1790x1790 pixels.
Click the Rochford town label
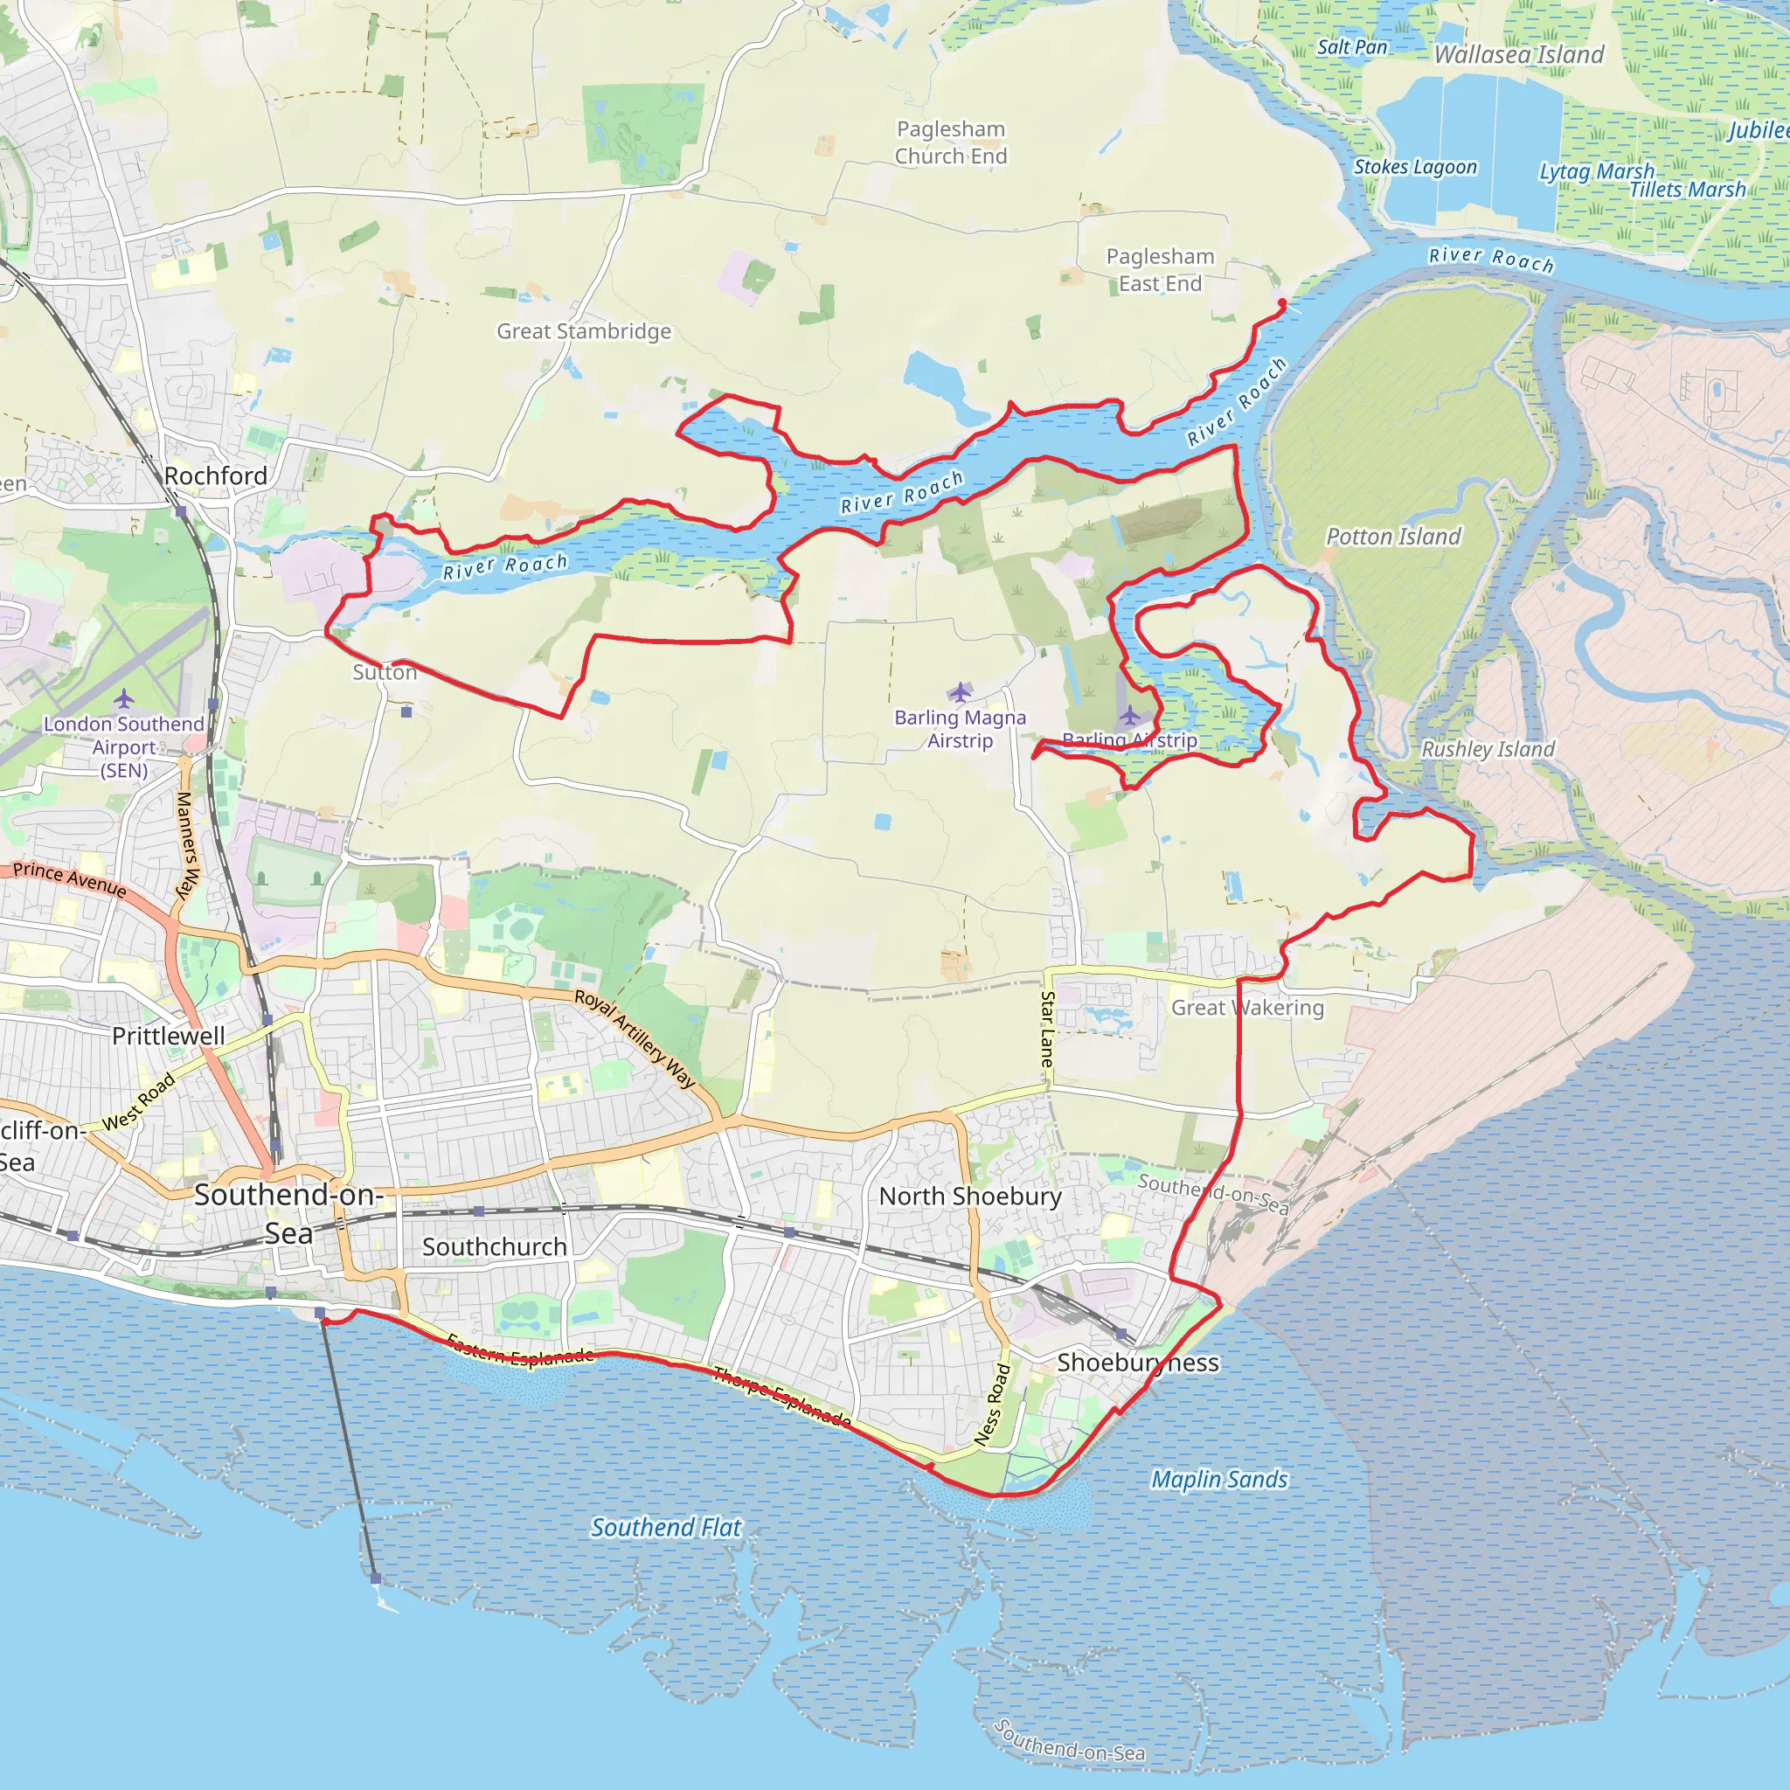(x=215, y=475)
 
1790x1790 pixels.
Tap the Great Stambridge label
(x=584, y=330)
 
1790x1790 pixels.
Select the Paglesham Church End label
(x=951, y=142)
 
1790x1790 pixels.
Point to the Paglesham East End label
(x=1160, y=269)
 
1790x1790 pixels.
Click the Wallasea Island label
(x=1518, y=55)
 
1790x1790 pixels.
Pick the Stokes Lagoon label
(x=1415, y=167)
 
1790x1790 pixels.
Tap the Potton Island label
(x=1392, y=537)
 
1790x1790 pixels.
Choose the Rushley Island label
(x=1487, y=749)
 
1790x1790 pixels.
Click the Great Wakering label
(x=1247, y=1007)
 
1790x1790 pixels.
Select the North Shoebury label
(x=970, y=1197)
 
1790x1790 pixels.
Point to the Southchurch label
(x=494, y=1247)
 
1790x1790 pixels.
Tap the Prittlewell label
(x=169, y=1036)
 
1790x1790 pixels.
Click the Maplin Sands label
(x=1218, y=1480)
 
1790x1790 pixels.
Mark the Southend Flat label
(x=666, y=1528)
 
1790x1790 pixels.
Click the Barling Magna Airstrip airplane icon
(x=960, y=692)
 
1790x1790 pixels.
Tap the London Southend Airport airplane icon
(x=124, y=698)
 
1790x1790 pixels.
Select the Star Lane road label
(x=1048, y=1029)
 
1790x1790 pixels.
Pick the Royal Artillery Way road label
(x=635, y=1037)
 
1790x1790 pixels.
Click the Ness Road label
(x=992, y=1405)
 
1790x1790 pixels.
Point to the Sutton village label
(x=385, y=673)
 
